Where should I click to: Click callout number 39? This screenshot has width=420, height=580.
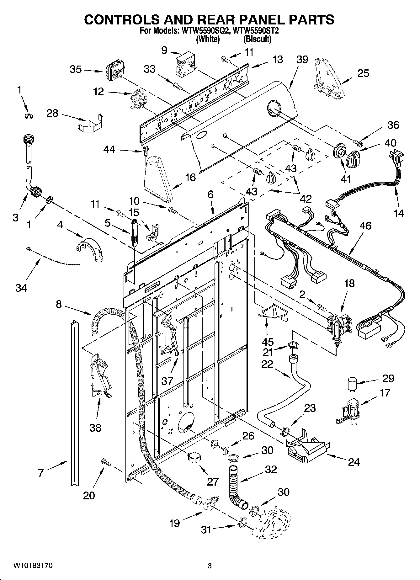point(302,59)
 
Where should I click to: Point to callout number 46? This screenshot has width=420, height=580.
point(365,226)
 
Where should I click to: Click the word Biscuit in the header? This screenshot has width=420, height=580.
point(258,39)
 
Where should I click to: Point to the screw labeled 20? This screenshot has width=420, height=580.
point(105,462)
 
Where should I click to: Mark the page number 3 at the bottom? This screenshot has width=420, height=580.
point(210,566)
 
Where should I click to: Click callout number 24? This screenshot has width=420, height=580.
point(354,462)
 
